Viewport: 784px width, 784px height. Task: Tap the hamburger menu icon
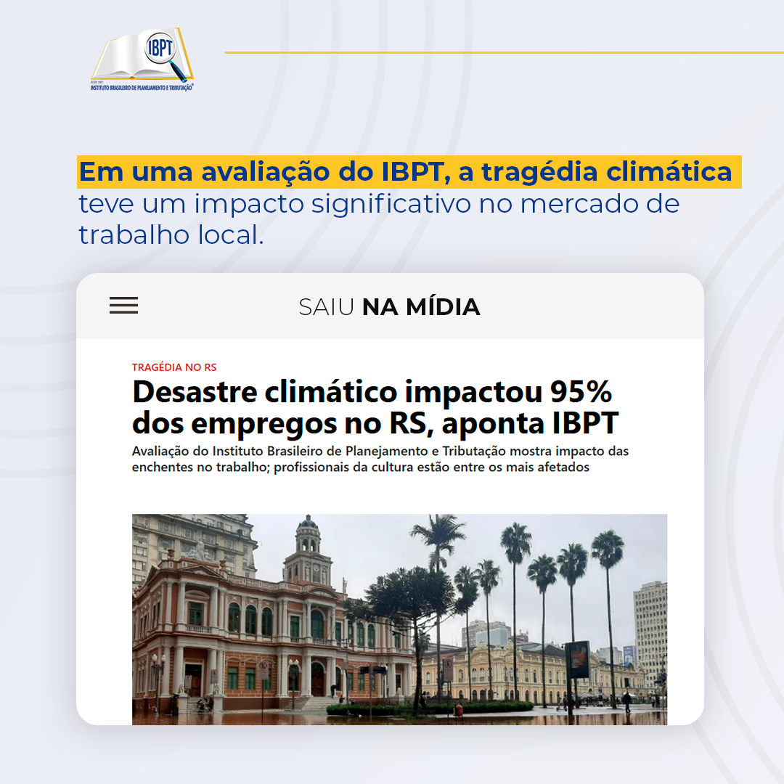pyautogui.click(x=123, y=306)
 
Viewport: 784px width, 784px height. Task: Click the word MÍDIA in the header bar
pyautogui.click(x=442, y=307)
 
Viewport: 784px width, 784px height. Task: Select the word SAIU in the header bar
pyautogui.click(x=326, y=307)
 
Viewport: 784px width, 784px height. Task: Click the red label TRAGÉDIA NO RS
pyautogui.click(x=174, y=367)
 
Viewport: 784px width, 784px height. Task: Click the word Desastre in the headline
pyautogui.click(x=195, y=392)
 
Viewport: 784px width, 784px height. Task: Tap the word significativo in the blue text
pyautogui.click(x=391, y=204)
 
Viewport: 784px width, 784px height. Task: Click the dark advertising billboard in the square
pyautogui.click(x=578, y=659)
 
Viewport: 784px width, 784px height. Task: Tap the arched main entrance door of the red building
pyautogui.click(x=317, y=679)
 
